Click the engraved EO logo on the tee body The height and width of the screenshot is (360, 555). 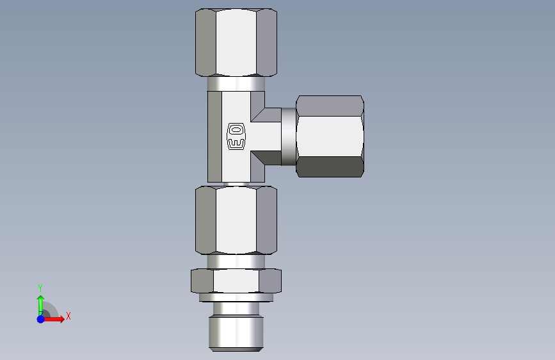(x=236, y=136)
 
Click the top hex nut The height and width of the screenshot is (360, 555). (x=236, y=42)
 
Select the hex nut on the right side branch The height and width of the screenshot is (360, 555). (x=330, y=136)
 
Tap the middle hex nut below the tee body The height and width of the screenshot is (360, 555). (x=236, y=220)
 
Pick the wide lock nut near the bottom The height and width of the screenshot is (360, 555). (x=236, y=281)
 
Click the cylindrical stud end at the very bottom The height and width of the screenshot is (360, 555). (x=236, y=334)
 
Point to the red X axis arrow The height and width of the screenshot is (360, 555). (x=53, y=319)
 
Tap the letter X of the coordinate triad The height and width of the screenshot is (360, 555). (x=68, y=316)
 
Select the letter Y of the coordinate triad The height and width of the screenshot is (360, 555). (x=40, y=288)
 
